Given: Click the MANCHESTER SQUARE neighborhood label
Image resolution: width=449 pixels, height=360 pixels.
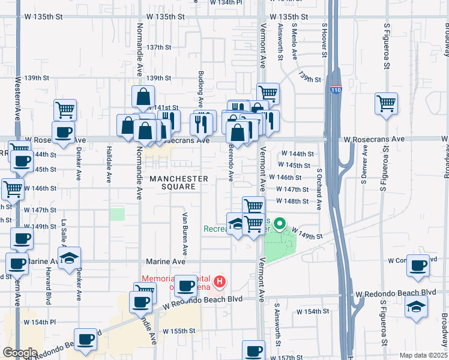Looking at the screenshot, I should (179, 182).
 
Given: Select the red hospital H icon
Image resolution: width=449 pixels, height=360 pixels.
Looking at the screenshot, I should (220, 281).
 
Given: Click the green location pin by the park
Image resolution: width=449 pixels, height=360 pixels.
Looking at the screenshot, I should (279, 225).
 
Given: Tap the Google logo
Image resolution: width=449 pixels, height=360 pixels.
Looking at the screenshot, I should (20, 353).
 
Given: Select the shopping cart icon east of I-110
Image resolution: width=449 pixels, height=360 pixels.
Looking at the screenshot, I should (386, 103).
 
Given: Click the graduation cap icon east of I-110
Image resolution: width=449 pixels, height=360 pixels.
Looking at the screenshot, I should (417, 306).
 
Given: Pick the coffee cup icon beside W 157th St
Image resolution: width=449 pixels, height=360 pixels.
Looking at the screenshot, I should (253, 350).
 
